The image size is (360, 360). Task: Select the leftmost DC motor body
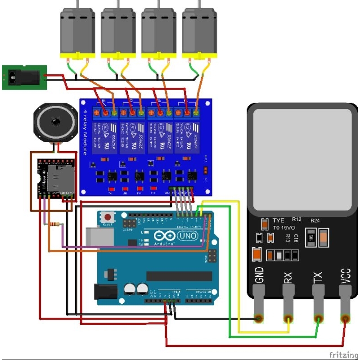click(x=77, y=31)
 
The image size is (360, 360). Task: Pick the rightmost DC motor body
click(x=199, y=31)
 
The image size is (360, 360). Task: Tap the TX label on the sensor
click(x=317, y=277)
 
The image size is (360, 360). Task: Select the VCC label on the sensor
click(x=346, y=275)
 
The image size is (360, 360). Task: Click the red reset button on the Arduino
click(x=108, y=216)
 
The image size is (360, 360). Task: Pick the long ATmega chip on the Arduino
click(x=179, y=276)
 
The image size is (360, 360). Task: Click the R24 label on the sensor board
click(x=315, y=221)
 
